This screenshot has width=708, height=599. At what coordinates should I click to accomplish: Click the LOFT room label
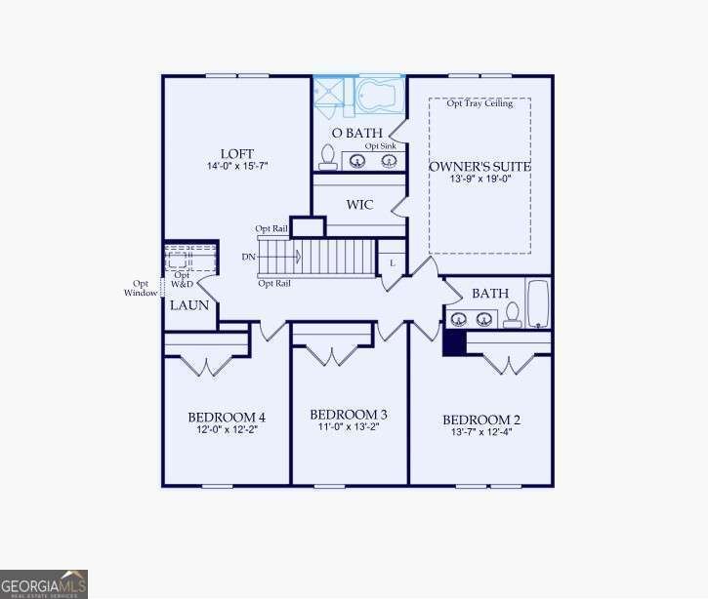point(237,154)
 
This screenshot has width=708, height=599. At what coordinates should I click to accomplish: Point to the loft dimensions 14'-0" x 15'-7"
point(237,167)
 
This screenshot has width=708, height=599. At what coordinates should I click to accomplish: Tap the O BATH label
point(351,133)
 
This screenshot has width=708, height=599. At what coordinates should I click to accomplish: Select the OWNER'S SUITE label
point(479,167)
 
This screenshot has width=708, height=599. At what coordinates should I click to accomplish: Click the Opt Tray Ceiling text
point(479,104)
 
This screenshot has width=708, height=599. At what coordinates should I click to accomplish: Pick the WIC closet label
point(360,206)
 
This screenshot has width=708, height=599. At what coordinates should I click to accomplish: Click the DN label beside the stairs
point(249,257)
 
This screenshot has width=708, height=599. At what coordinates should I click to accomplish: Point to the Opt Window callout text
point(141,288)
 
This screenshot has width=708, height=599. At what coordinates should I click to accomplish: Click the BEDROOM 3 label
point(349,414)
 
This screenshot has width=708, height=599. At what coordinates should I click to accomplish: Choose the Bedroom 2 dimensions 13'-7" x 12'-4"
point(481,432)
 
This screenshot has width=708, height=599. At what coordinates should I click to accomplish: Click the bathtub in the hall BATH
point(538,303)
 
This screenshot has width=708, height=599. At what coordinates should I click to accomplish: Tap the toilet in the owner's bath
point(328,158)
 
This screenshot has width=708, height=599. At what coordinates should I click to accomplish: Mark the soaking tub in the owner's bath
point(381,97)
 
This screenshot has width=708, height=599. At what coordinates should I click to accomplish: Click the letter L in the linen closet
point(392,263)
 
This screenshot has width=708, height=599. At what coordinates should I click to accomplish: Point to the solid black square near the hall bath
point(454,341)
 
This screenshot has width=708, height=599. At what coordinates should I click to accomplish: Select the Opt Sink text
point(381,145)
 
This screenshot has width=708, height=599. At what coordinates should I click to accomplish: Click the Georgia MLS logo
point(44,583)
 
